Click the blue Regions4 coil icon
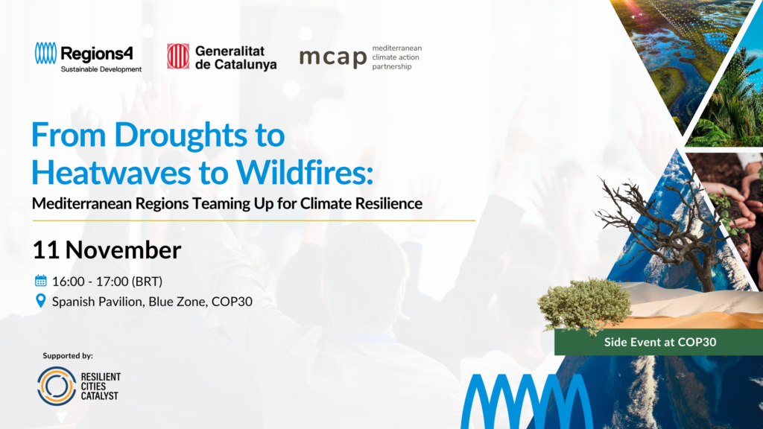tap(45, 53)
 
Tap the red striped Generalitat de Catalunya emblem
tap(178, 56)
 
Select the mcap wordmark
tap(333, 58)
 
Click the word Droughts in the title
tap(181, 136)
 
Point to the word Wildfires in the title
tap(305, 172)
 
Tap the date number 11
tap(45, 250)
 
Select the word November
tap(123, 250)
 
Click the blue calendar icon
tap(41, 281)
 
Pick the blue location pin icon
tap(41, 301)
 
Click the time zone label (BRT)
tap(147, 282)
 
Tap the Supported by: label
tap(68, 355)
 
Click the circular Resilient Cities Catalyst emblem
tap(57, 387)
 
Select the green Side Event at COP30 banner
tap(659, 342)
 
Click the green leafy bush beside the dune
tap(584, 305)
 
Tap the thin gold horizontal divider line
tap(254, 220)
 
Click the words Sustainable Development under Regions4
tap(101, 69)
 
